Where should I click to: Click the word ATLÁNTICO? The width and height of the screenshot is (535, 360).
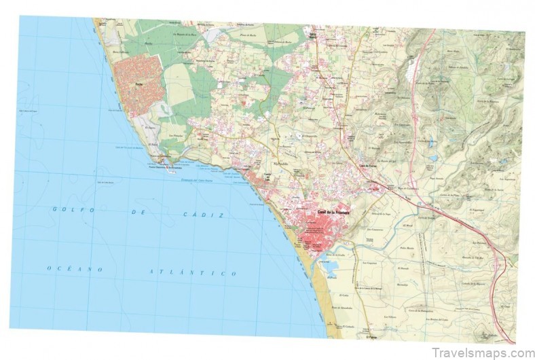coord(193,272)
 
